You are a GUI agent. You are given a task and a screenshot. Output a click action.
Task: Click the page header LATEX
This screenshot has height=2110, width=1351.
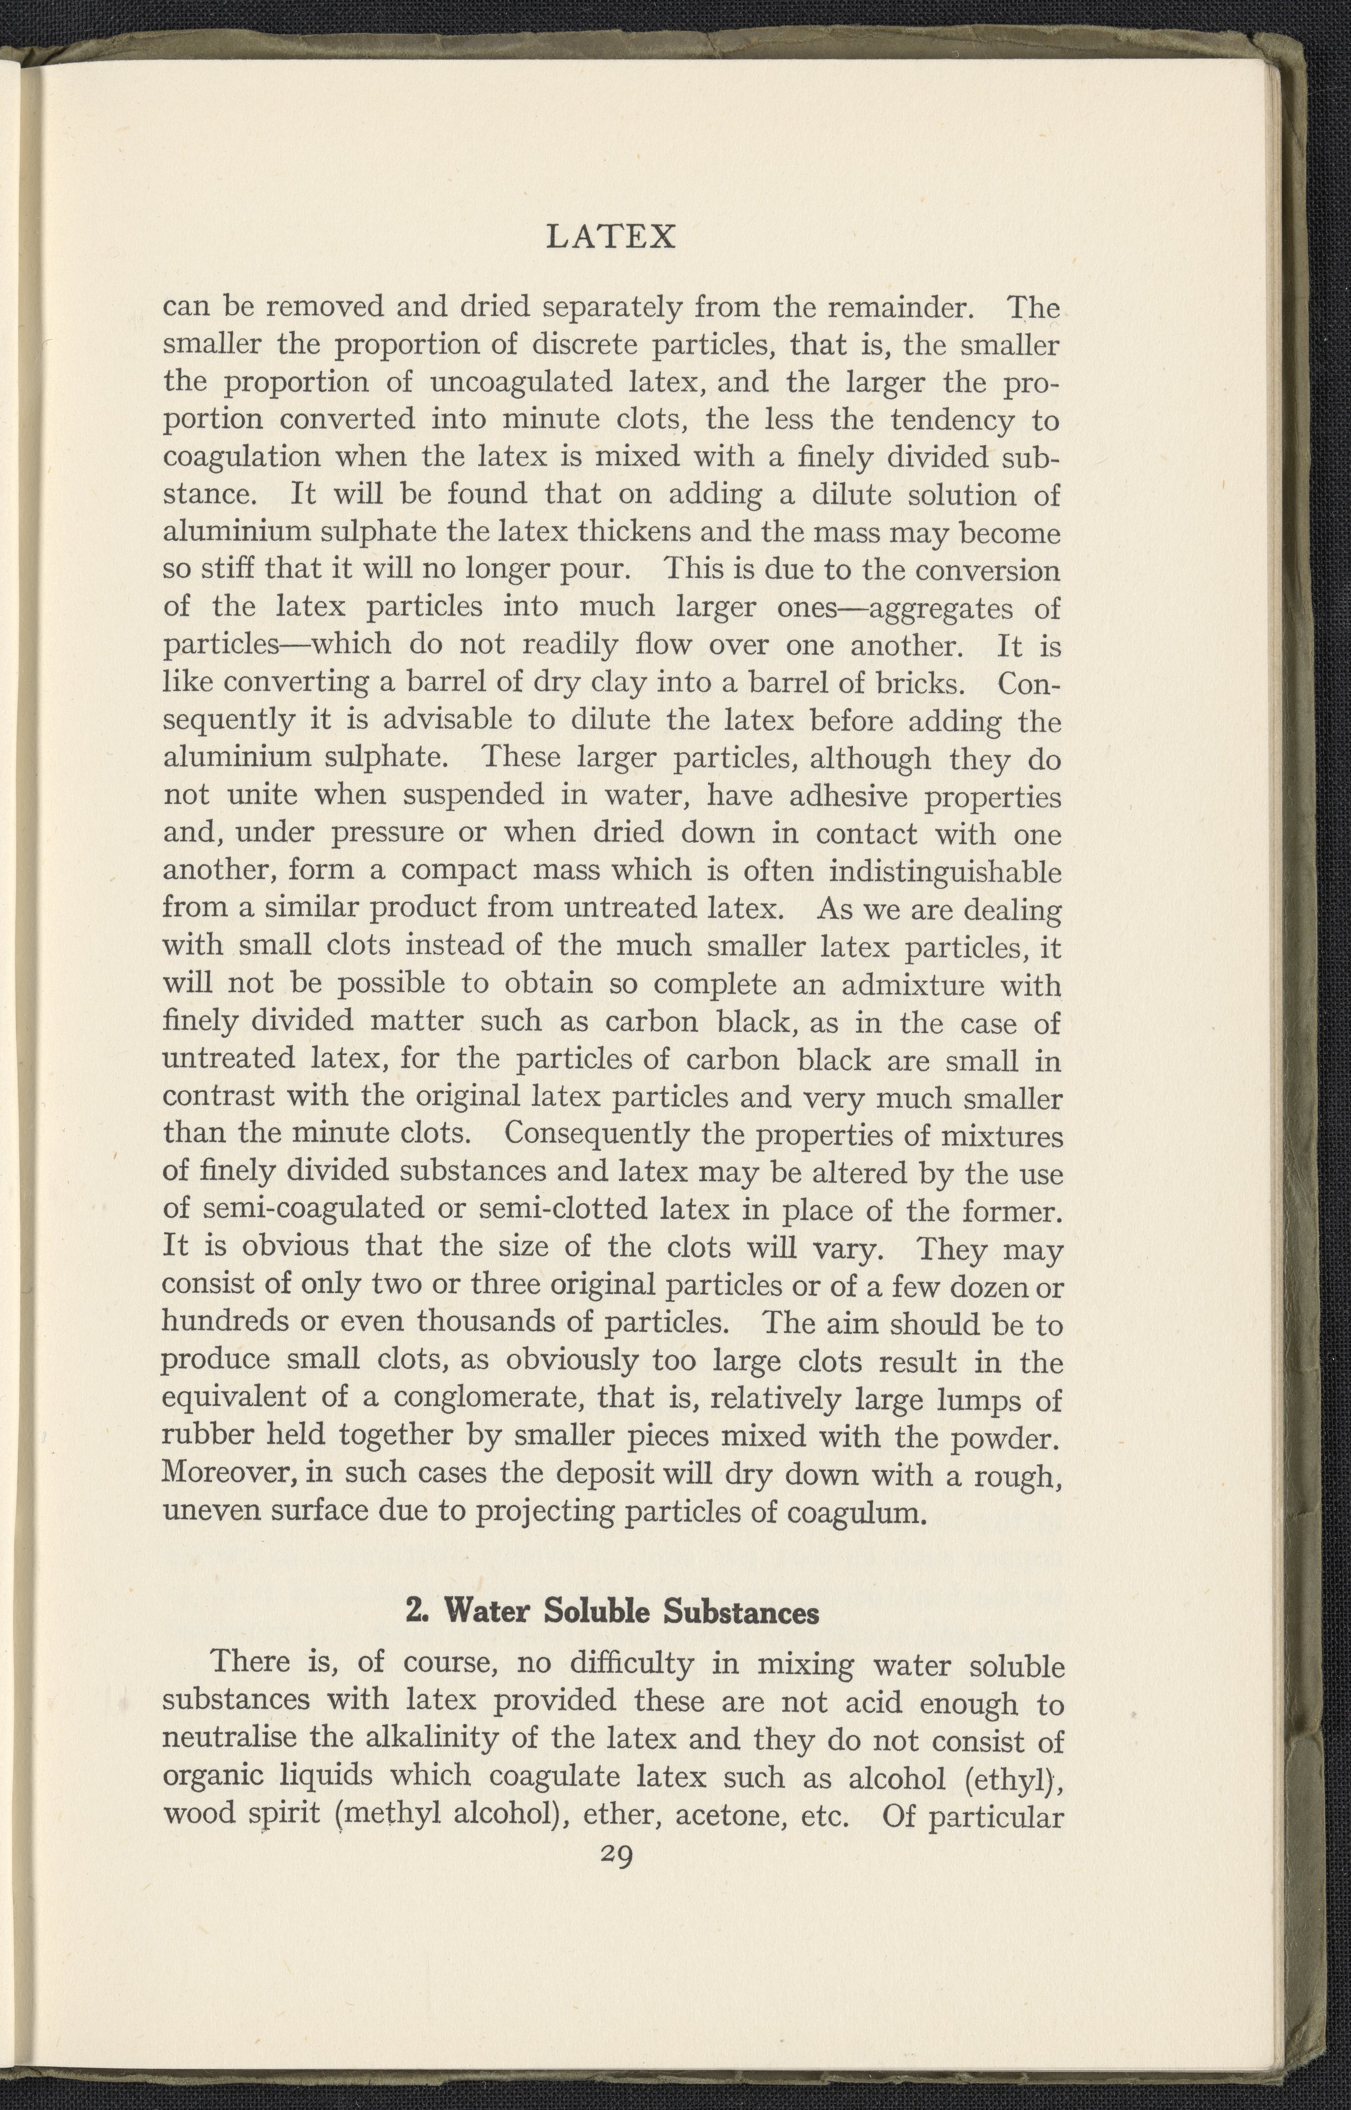tap(611, 237)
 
